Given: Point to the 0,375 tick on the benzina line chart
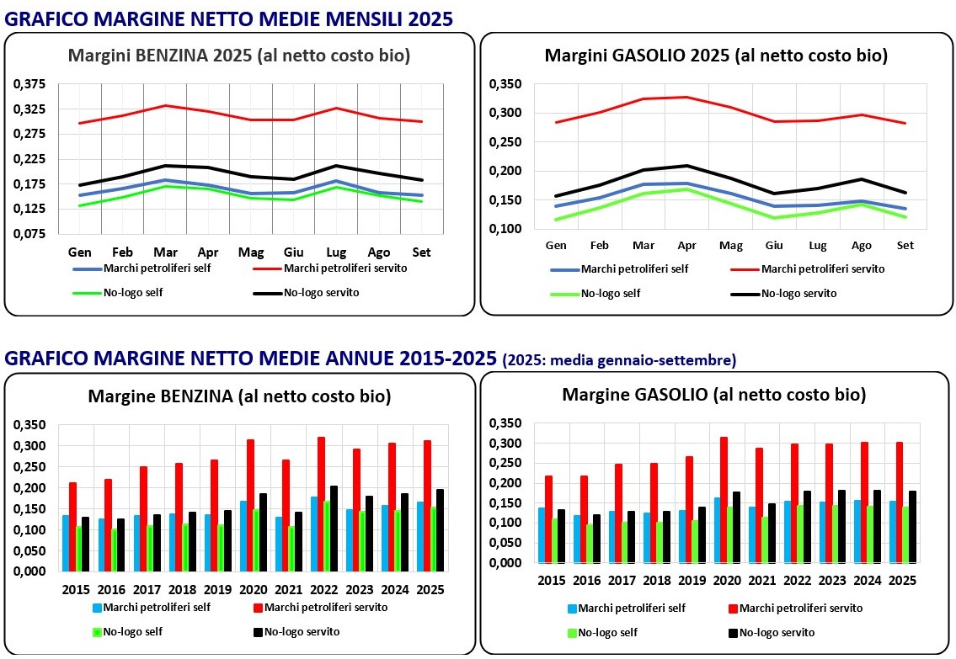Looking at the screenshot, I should (x=29, y=84).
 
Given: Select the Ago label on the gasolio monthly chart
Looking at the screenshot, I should (x=862, y=245).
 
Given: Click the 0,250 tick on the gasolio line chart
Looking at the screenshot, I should (x=506, y=141).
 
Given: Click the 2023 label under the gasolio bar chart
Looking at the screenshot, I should (x=831, y=580).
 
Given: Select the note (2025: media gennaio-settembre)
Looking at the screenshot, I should (x=618, y=360).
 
